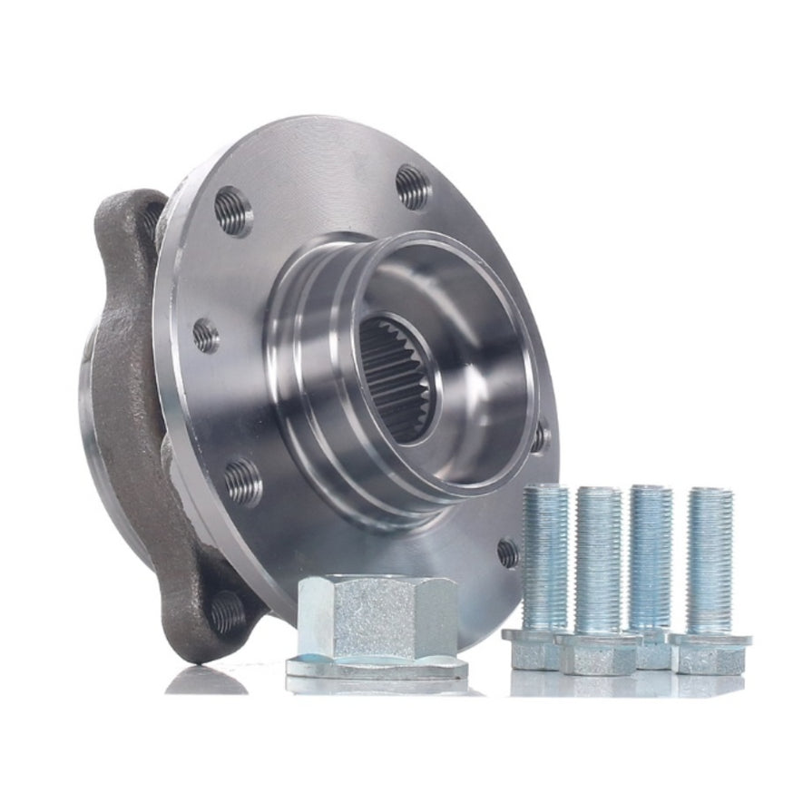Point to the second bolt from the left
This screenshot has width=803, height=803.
click(597, 581)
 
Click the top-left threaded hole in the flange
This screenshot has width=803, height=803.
click(233, 211)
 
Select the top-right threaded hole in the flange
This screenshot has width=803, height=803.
click(413, 186)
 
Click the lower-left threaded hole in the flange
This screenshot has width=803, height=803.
click(242, 480)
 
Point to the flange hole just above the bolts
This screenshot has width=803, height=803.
click(508, 552)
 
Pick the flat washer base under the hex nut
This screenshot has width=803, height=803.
click(377, 670)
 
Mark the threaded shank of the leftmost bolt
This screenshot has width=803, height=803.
click(544, 553)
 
